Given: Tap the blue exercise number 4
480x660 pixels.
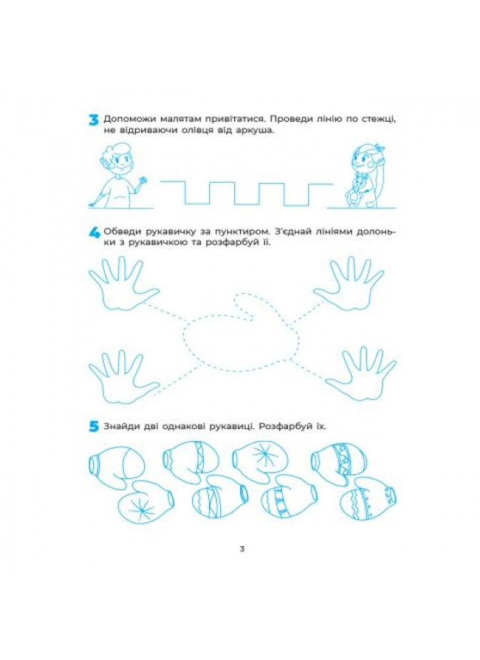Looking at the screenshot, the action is point(94,233).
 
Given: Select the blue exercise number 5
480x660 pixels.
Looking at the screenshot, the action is point(94,427).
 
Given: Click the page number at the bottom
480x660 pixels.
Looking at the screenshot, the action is point(242,549).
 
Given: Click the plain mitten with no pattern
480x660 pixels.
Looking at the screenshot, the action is point(117,463).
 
